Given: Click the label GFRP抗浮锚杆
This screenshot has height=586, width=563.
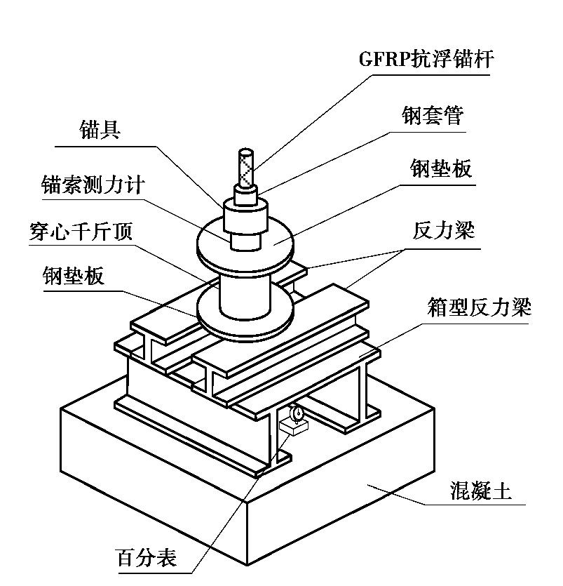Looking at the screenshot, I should pyautogui.click(x=426, y=59).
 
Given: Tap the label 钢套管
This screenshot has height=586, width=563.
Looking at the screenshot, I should pyautogui.click(x=433, y=115).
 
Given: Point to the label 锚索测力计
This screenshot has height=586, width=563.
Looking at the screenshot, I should pyautogui.click(x=93, y=185).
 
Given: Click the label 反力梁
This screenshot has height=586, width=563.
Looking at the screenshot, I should pyautogui.click(x=442, y=230).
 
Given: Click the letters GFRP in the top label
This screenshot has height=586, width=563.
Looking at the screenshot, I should pyautogui.click(x=384, y=59).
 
